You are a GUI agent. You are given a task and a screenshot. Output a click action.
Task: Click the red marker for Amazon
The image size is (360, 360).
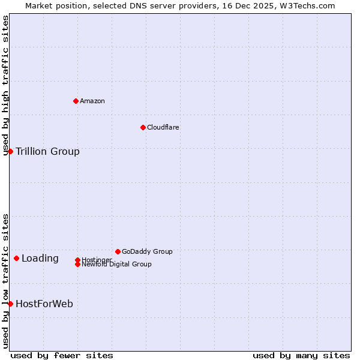(x=76, y=101)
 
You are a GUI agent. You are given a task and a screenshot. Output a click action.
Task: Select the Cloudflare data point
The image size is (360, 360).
(x=143, y=127)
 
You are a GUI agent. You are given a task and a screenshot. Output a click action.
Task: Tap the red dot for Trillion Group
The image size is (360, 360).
(x=10, y=151)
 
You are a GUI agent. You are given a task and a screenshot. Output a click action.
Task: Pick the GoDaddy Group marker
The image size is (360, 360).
(x=118, y=251)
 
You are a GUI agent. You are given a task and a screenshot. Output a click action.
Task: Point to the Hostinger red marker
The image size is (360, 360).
(x=77, y=260)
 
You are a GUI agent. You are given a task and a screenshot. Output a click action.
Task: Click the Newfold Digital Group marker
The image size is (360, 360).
(x=77, y=265)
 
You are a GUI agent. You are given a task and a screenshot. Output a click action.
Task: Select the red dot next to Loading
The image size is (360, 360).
(x=16, y=259)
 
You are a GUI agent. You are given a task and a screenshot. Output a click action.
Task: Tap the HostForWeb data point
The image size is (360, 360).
(x=10, y=304)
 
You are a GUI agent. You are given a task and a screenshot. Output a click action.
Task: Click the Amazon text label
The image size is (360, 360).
(x=92, y=101)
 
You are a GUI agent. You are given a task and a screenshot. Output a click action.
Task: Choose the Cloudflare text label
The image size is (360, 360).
(x=163, y=127)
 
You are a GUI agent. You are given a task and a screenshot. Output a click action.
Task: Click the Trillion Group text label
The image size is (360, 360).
(x=47, y=151)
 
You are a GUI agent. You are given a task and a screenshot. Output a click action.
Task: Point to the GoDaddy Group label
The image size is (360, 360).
(x=147, y=251)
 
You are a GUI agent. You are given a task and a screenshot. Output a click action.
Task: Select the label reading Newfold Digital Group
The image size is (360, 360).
(x=116, y=265)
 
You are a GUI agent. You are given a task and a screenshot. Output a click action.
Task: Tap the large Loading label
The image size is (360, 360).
(x=40, y=259)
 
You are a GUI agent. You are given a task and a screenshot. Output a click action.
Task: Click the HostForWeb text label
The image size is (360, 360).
(x=44, y=304)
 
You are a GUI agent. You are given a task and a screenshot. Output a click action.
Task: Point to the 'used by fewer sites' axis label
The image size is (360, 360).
(x=62, y=355)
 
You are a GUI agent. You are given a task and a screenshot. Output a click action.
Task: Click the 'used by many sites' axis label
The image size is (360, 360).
(x=301, y=355)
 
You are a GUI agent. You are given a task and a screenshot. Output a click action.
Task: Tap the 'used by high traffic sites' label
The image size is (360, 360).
(x=5, y=85)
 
